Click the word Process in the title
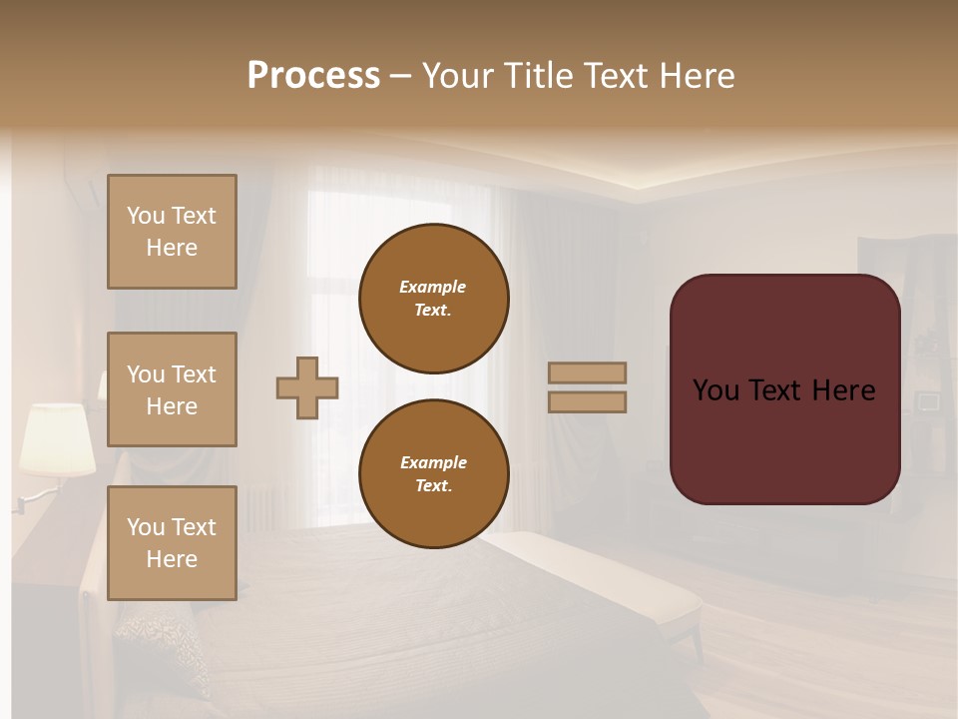coord(313,75)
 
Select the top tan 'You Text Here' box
coord(172,232)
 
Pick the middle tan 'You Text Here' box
coord(172,389)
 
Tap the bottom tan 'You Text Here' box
coord(172,543)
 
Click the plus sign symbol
coord(307,387)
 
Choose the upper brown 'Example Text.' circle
coord(433,298)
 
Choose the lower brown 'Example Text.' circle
coord(433,473)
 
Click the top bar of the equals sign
coord(588,372)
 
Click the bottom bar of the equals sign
coord(588,402)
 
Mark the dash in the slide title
coord(400,76)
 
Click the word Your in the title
coord(460,75)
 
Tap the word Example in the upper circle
coord(433,287)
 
